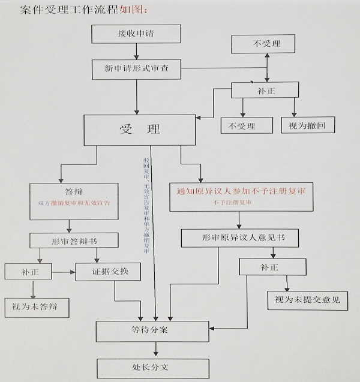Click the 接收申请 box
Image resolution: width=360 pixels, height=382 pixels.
coord(136,34)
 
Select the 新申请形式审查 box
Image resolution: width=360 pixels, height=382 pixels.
coord(136,69)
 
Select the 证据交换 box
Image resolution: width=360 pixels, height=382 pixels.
coord(108,271)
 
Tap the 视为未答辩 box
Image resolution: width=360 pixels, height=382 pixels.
coord(36,308)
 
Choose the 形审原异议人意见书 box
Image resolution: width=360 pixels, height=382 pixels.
coord(242,238)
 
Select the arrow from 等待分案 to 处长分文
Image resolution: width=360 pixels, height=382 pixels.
coord(157,349)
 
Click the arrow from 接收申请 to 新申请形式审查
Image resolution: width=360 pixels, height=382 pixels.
coord(136,51)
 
